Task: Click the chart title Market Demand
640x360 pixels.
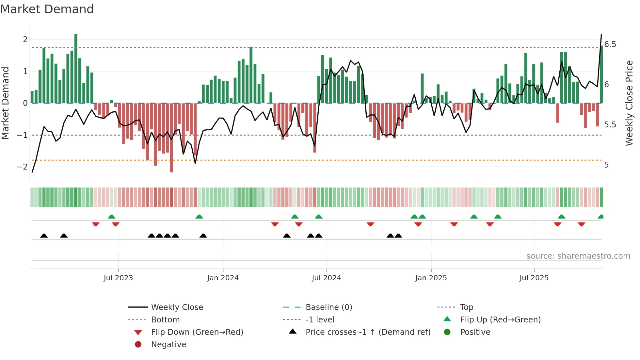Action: pyautogui.click(x=47, y=9)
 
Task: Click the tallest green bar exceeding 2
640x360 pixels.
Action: pyautogui.click(x=76, y=69)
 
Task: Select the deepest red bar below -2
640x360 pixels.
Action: pyautogui.click(x=171, y=137)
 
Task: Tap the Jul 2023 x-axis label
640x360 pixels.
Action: pyautogui.click(x=118, y=278)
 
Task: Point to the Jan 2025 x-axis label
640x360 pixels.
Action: pyautogui.click(x=431, y=278)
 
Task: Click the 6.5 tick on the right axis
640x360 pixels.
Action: pyautogui.click(x=610, y=44)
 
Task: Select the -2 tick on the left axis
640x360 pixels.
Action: pyautogui.click(x=23, y=167)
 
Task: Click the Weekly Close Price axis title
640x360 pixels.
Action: pyautogui.click(x=629, y=103)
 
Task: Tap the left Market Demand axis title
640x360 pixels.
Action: pyautogui.click(x=5, y=103)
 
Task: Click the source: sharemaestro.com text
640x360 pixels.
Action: pyautogui.click(x=578, y=256)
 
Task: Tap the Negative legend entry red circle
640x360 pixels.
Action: pyautogui.click(x=138, y=345)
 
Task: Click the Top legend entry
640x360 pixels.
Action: pyautogui.click(x=467, y=307)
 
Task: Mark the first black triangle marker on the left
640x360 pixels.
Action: pyautogui.click(x=44, y=236)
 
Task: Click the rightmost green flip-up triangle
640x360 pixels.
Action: pyautogui.click(x=600, y=217)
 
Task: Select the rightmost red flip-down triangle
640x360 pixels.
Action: pyautogui.click(x=581, y=224)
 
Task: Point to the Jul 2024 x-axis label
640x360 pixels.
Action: pyautogui.click(x=326, y=278)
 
